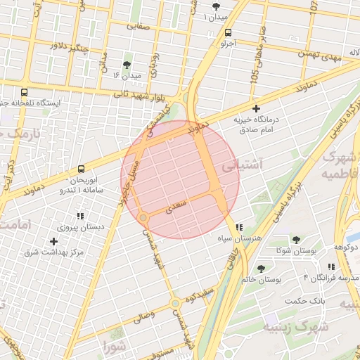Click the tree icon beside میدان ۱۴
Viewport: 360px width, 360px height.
(127, 65)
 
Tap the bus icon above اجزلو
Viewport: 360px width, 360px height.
(228, 32)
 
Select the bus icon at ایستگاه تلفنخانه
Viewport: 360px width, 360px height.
(25, 92)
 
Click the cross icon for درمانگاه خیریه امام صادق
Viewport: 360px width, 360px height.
(256, 109)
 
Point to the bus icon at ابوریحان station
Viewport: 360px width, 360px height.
(81, 169)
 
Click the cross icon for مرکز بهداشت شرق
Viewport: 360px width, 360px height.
(53, 241)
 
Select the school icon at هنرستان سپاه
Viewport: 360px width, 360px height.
(240, 228)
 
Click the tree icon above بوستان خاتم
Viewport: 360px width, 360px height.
(262, 269)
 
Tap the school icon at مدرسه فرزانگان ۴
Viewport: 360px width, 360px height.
(330, 266)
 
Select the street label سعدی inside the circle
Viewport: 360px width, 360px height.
(175, 208)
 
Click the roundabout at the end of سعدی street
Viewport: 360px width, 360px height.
(143, 219)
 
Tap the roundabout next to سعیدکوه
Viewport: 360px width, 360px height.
(174, 304)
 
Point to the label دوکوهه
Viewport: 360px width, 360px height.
(345, 247)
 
